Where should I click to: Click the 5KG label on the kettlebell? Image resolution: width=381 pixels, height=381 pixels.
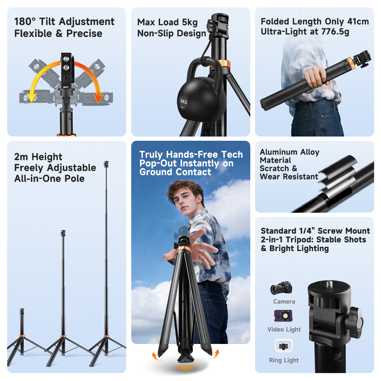click(183, 102)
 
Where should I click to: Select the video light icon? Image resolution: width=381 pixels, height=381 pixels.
click(283, 316)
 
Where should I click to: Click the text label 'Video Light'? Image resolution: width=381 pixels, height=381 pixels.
click(284, 330)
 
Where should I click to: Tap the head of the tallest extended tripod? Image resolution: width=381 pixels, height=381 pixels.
click(106, 164)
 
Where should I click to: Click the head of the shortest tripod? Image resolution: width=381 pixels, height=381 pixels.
click(22, 311)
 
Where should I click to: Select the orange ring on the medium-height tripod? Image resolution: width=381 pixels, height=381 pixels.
click(63, 336)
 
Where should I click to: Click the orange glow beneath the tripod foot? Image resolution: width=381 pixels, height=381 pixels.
click(185, 368)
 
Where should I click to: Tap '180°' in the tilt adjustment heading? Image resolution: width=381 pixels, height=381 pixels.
click(25, 21)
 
